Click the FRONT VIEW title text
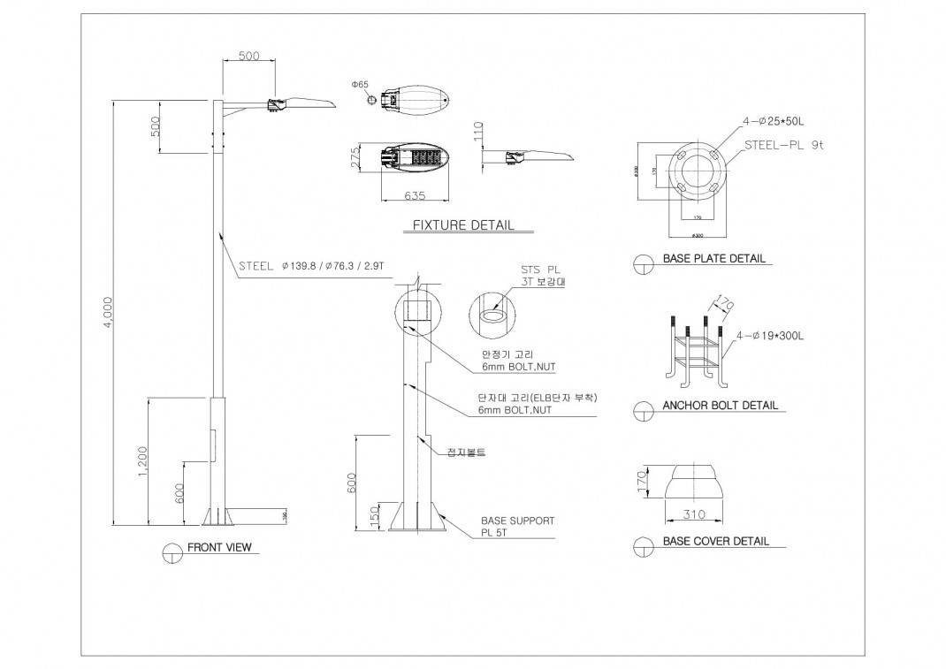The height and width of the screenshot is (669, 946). (219, 548)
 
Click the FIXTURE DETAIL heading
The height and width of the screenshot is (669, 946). (463, 225)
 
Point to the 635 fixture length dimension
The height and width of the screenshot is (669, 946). (416, 195)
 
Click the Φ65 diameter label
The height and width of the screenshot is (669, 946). (360, 84)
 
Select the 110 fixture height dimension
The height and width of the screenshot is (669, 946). (478, 133)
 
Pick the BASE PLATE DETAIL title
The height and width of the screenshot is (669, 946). (713, 260)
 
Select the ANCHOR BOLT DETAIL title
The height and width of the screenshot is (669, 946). (720, 406)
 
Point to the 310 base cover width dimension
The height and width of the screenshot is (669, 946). (694, 514)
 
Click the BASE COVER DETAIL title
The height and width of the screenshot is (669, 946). (715, 541)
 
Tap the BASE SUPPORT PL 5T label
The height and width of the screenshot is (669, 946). (517, 527)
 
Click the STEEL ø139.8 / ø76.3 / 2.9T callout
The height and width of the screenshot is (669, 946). (313, 264)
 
